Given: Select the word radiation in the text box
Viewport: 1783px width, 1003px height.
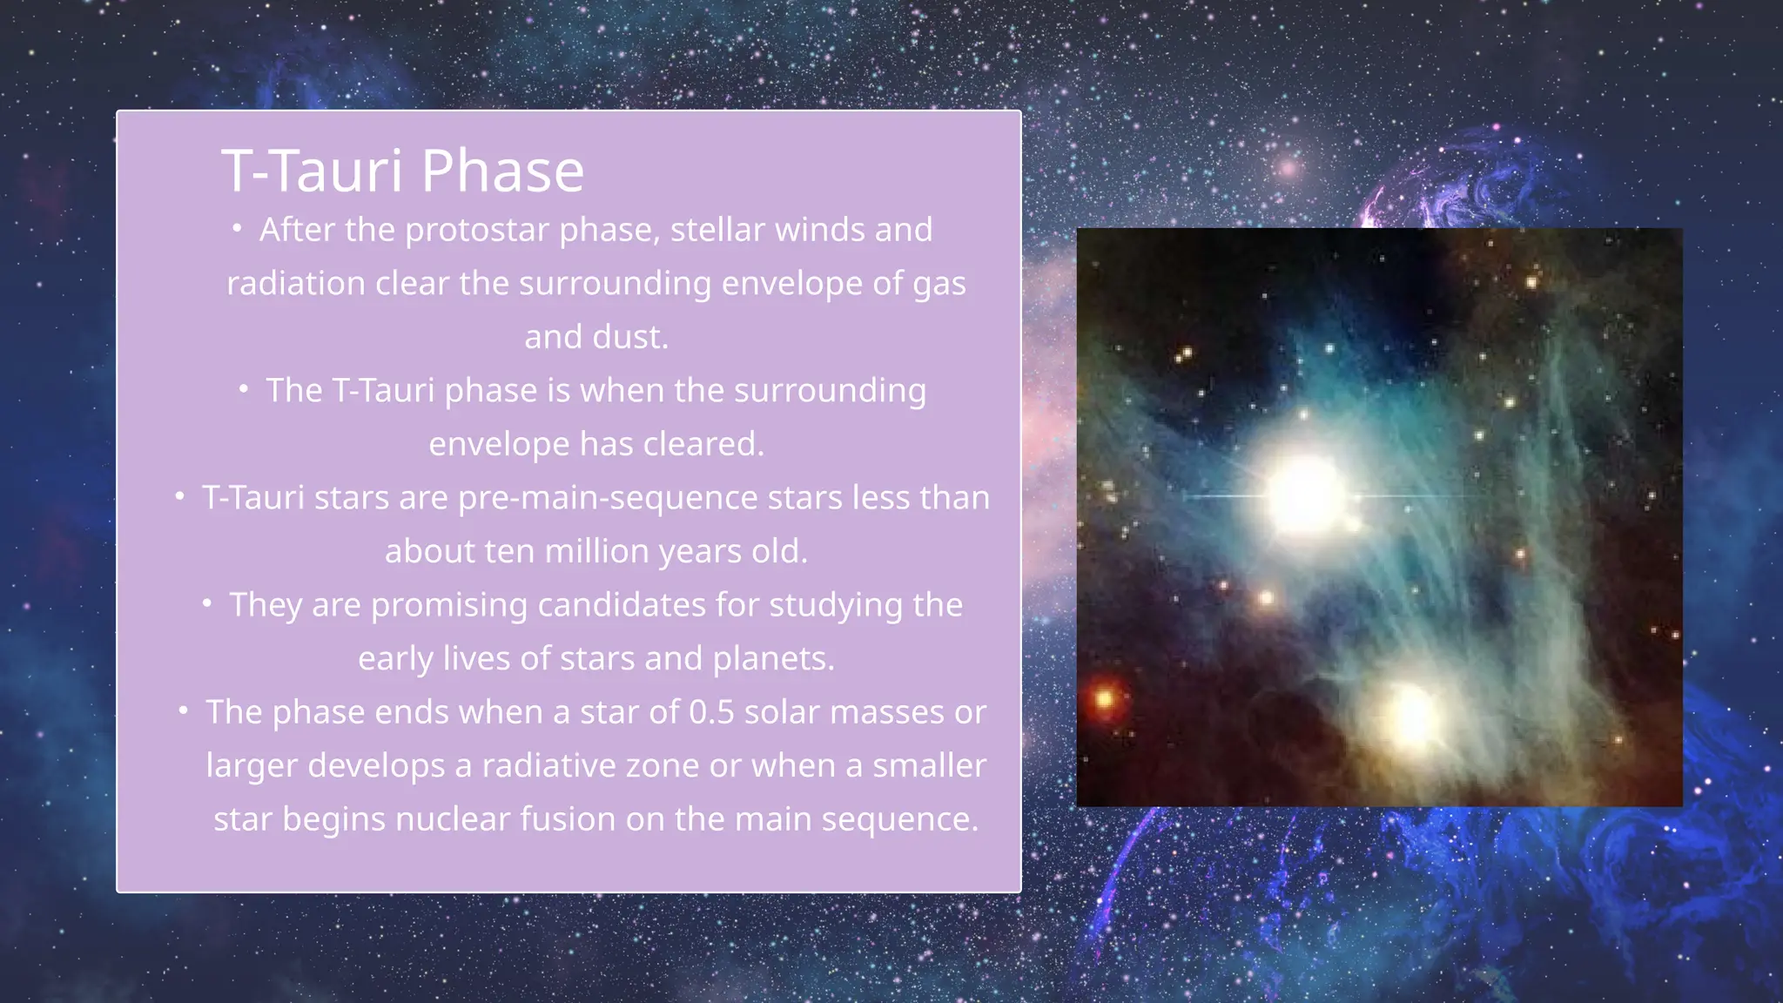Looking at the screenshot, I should tap(295, 284).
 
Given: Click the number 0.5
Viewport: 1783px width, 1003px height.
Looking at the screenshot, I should tap(710, 712).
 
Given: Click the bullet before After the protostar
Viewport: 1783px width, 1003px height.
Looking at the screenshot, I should tap(237, 229).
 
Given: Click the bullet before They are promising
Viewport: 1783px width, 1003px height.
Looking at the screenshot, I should tap(207, 603).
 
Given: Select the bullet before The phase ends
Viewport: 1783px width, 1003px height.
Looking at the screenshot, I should tap(183, 711).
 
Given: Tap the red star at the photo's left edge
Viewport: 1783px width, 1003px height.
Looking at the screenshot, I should tap(1104, 698).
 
